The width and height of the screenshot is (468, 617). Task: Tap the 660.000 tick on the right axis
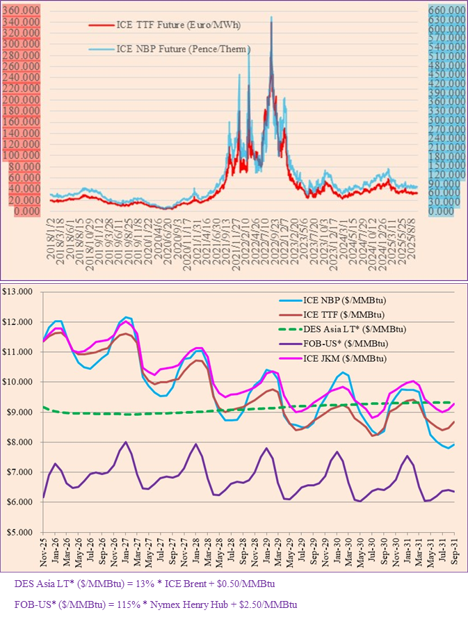[446, 11]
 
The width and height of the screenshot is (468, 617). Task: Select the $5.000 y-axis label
[22, 532]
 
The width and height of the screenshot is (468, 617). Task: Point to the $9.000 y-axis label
[22, 412]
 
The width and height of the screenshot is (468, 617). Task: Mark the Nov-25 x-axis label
[44, 550]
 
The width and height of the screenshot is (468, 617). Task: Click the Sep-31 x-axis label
[453, 550]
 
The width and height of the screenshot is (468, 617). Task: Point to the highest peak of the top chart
[271, 17]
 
